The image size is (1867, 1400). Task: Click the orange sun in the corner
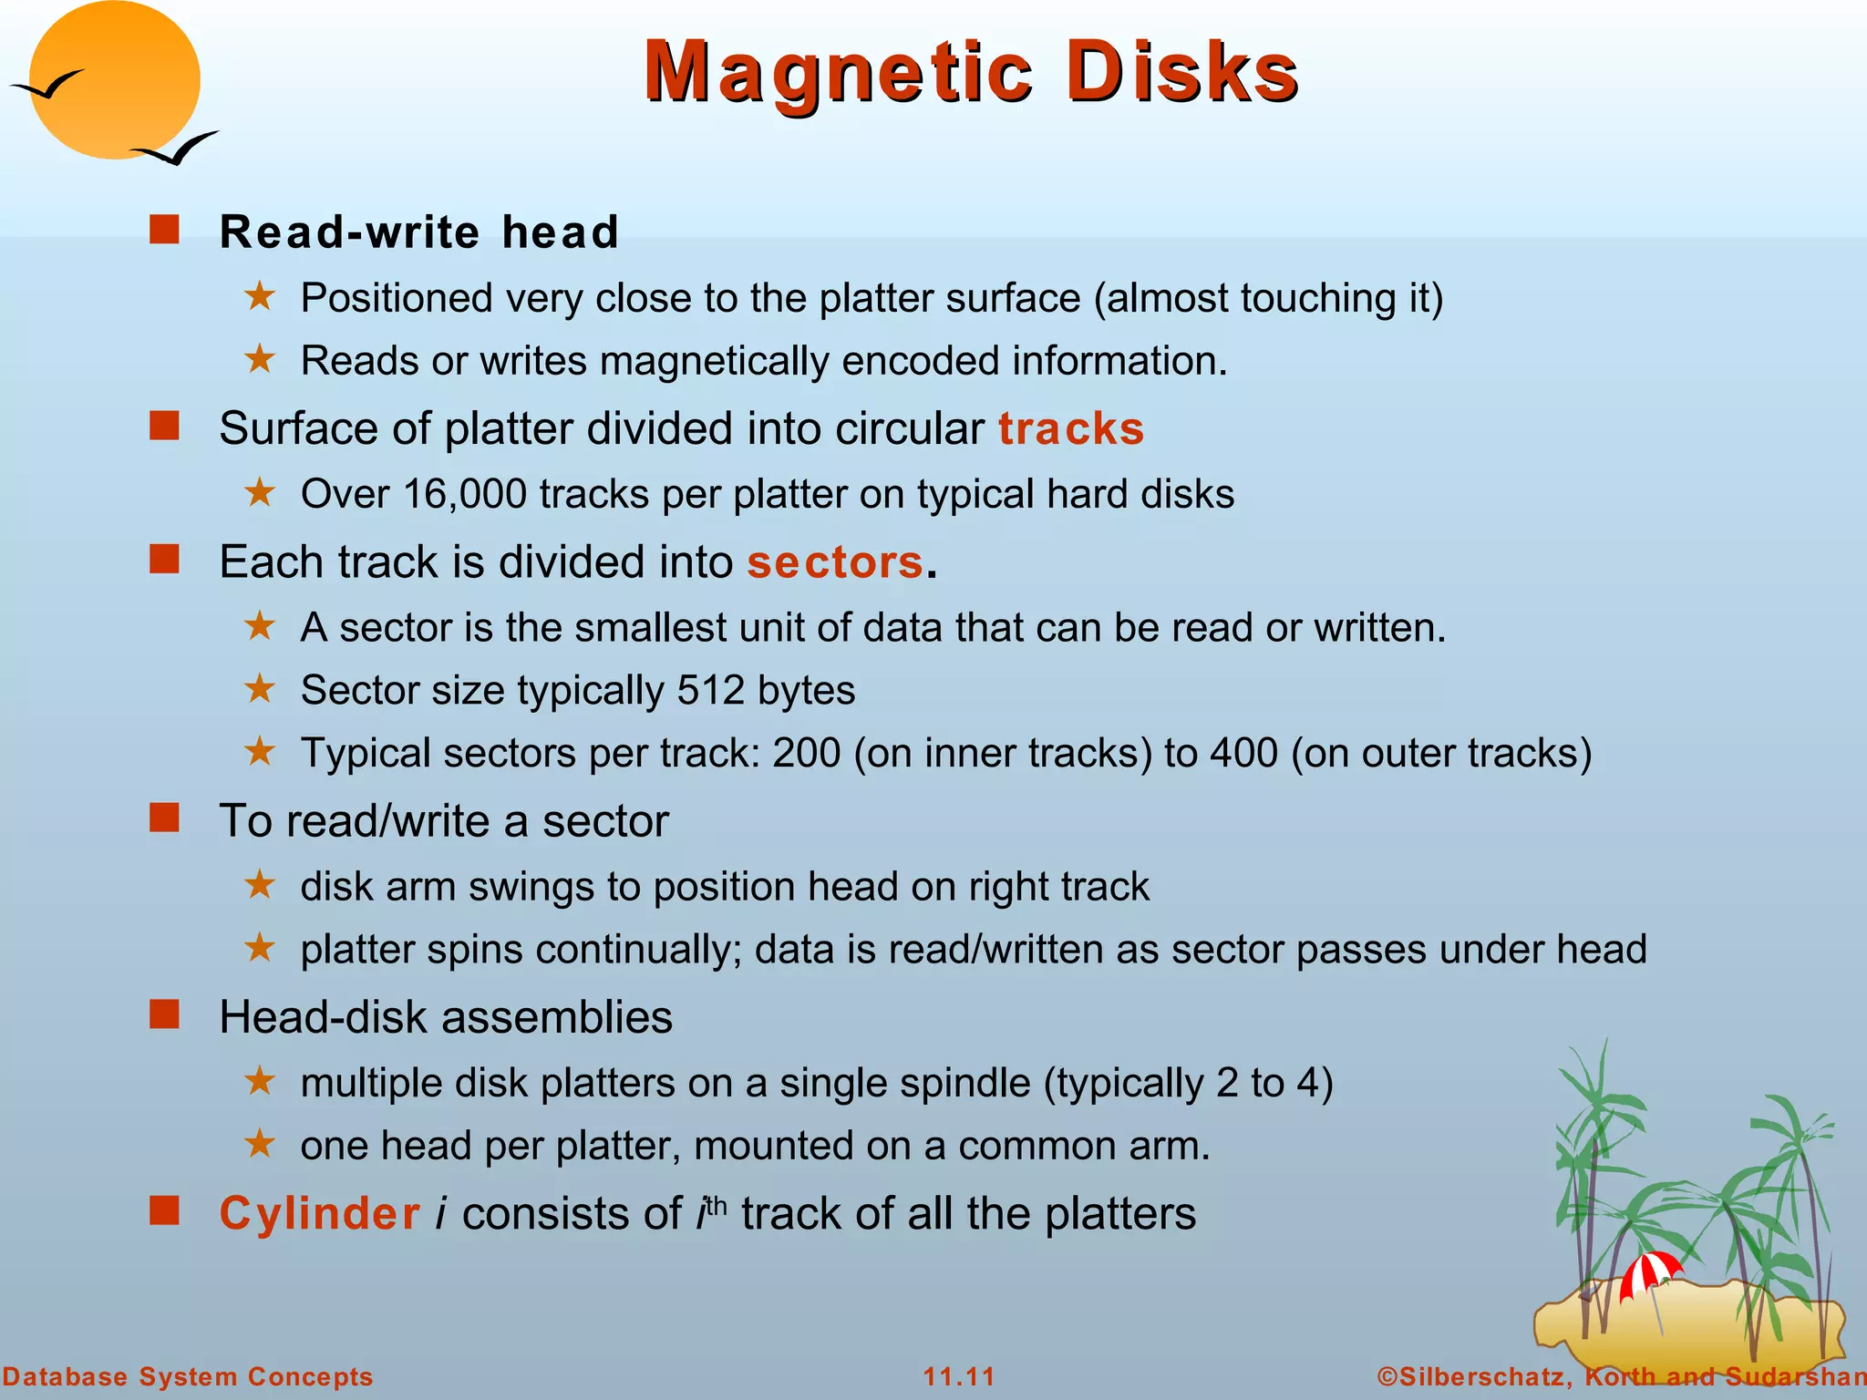114,80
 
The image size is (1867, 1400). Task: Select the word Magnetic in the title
839,72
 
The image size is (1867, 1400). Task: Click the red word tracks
1071,428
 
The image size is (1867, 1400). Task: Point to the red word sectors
835,561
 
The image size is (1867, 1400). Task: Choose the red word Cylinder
320,1214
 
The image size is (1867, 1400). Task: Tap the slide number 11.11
959,1376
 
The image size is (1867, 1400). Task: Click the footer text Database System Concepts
188,1376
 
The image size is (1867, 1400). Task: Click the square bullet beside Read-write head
165,230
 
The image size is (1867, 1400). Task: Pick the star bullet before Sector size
260,688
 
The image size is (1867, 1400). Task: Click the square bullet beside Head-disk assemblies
165,1014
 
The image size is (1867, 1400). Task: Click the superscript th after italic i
717,1205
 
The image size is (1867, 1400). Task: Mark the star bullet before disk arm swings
260,884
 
